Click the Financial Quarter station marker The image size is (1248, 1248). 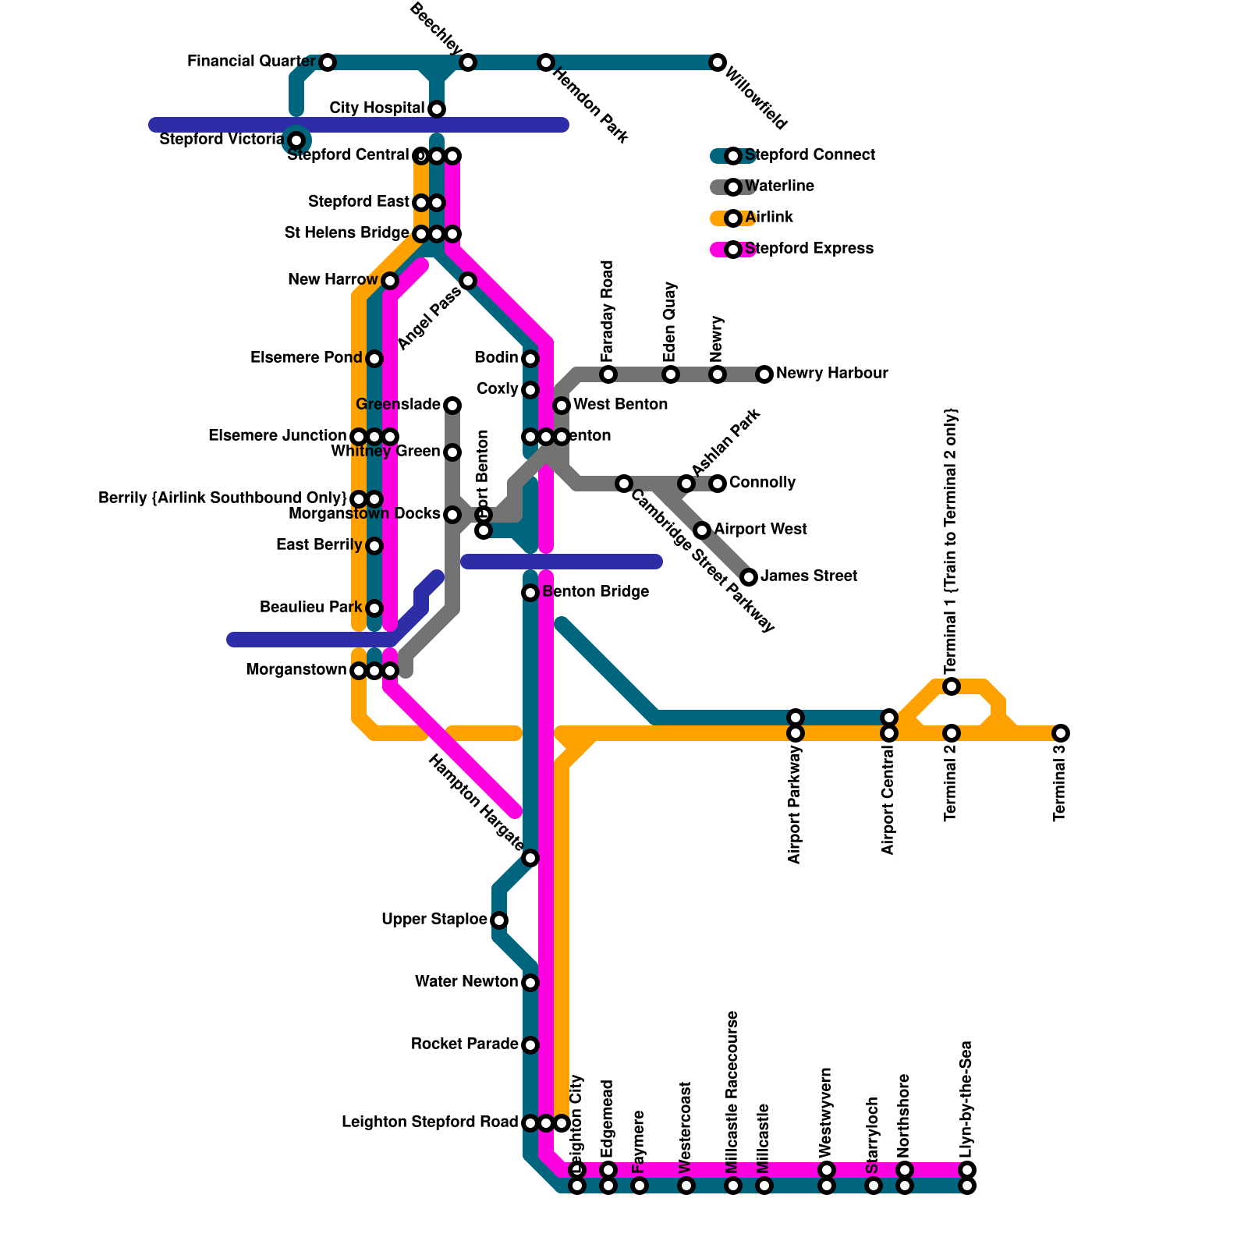[328, 62]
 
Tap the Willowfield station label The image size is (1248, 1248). [756, 98]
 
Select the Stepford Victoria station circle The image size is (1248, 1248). [296, 140]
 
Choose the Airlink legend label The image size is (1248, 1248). [769, 218]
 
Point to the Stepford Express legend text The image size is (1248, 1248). [809, 249]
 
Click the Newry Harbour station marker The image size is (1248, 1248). [764, 374]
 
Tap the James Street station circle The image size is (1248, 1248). [749, 577]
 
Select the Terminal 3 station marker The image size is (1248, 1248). [1061, 733]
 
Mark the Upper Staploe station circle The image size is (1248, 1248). [499, 920]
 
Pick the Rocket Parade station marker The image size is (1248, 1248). [530, 1045]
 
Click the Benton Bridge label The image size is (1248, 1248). [596, 592]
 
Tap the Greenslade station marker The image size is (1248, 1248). [452, 406]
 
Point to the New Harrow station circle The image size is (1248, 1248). [390, 281]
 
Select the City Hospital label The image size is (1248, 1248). [377, 108]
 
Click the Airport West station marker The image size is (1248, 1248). [702, 530]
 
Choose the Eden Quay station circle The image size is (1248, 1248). [671, 374]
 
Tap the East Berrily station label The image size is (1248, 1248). [319, 545]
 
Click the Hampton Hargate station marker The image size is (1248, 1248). [530, 858]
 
